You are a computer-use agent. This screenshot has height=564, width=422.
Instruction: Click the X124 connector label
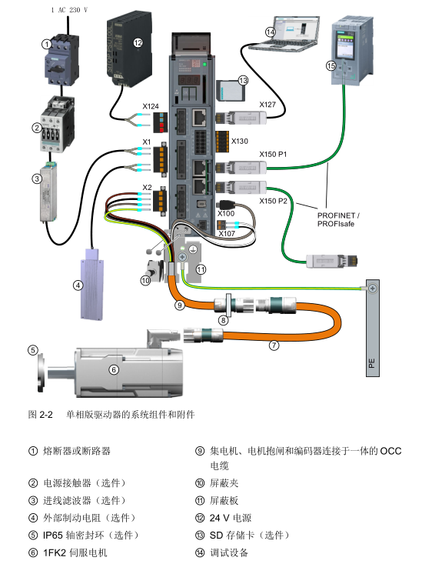[x=150, y=106]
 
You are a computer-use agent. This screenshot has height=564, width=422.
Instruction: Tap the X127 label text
[x=267, y=105]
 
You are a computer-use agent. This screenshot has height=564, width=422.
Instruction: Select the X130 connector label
[x=239, y=141]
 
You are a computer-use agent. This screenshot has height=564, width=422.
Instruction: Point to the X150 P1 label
[x=273, y=155]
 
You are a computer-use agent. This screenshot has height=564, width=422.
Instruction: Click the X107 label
[x=227, y=233]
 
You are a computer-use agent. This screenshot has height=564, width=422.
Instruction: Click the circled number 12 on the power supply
[x=138, y=43]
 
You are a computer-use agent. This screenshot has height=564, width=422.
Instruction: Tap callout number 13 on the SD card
[x=244, y=80]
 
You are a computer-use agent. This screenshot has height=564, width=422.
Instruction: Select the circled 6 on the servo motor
[x=114, y=369]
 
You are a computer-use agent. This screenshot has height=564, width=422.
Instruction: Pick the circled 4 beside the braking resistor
[x=78, y=285]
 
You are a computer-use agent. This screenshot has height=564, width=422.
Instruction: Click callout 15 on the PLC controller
[x=331, y=66]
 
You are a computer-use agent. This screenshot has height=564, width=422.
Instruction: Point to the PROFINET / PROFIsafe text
[x=338, y=219]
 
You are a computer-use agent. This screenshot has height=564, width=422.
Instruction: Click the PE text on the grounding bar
[x=372, y=362]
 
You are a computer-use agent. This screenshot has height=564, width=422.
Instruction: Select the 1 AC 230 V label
[x=69, y=10]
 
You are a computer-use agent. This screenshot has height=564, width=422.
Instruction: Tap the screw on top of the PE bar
[x=372, y=288]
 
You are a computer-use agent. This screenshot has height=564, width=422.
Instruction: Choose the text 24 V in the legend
[x=220, y=518]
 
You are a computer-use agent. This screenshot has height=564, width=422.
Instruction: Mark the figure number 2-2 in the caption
[x=45, y=415]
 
